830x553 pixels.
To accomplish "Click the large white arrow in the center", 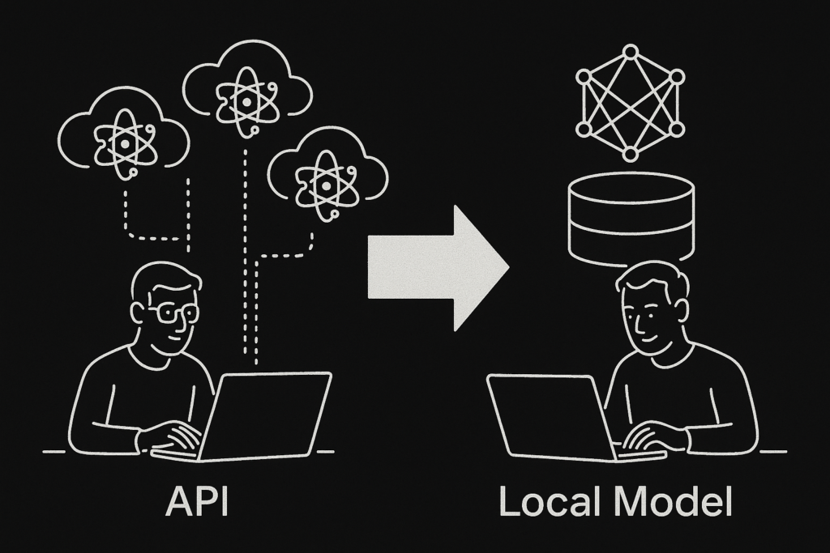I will (x=438, y=267).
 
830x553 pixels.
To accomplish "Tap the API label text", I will (x=197, y=501).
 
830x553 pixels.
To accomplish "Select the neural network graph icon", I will (x=630, y=103).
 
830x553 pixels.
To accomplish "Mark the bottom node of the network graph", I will (x=630, y=153).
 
